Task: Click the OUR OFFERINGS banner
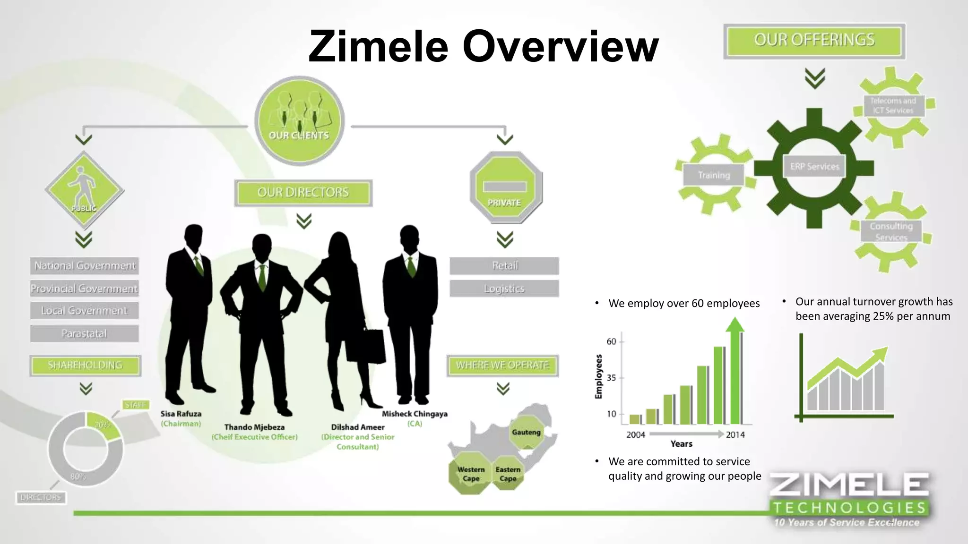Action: (x=814, y=41)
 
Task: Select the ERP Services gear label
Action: (x=814, y=167)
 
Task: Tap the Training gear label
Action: (x=714, y=175)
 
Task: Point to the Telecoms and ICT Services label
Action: (x=893, y=106)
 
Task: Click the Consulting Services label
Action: (x=891, y=231)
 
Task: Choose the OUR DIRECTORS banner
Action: (x=303, y=193)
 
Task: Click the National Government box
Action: (x=85, y=266)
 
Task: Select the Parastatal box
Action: (x=85, y=333)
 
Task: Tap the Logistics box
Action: (x=504, y=289)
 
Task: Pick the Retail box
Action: (x=504, y=266)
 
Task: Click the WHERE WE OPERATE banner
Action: (x=502, y=365)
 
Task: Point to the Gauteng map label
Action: (x=526, y=432)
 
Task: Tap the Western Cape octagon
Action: (x=471, y=474)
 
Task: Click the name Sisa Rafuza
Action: (x=181, y=414)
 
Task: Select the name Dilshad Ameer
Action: (x=357, y=427)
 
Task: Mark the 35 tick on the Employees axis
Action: (x=612, y=378)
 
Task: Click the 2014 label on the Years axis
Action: (x=735, y=434)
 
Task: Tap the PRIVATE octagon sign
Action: (x=505, y=188)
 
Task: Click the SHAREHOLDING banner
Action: (x=85, y=365)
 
